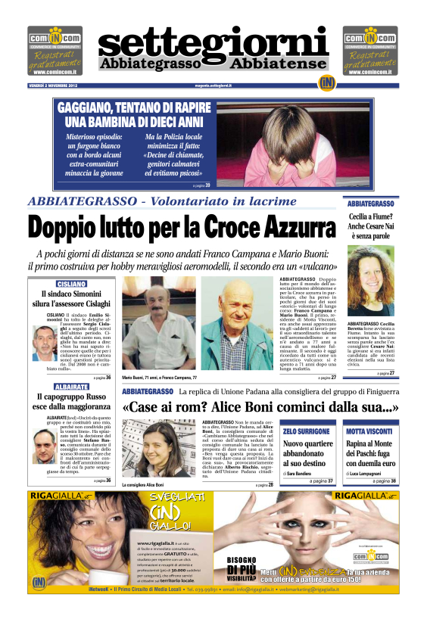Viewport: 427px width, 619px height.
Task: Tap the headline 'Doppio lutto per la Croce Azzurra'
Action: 182,227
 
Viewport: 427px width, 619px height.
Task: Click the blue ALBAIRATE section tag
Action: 71,386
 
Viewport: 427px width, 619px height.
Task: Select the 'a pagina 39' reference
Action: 201,185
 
